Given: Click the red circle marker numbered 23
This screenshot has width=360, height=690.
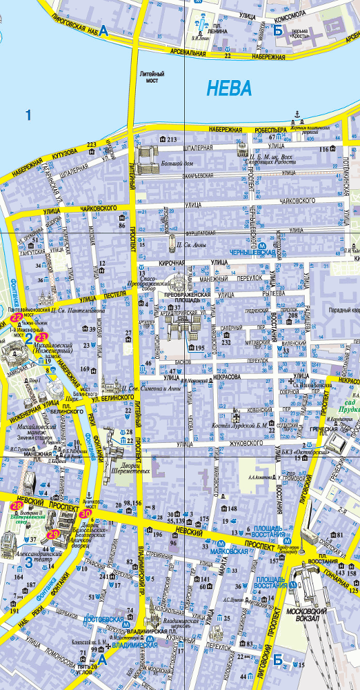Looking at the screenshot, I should click(x=40, y=337).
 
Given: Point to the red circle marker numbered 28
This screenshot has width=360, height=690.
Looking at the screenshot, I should click(x=17, y=507).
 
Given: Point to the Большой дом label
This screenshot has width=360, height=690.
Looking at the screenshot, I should click(x=177, y=164).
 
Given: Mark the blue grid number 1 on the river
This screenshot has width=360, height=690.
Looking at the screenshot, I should click(x=28, y=115).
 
